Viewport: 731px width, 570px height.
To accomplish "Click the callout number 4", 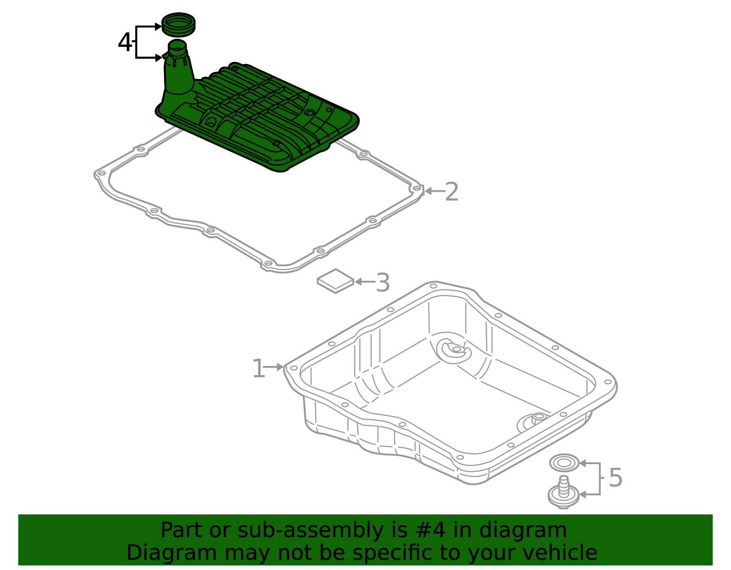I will click(125, 42).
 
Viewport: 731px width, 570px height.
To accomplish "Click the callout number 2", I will click(451, 192).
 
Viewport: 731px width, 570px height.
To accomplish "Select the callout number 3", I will click(383, 282).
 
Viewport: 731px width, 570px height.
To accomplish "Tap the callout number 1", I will click(258, 368).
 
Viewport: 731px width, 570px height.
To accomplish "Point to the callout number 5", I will click(615, 478).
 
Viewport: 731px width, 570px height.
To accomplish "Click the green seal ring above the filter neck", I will click(179, 24).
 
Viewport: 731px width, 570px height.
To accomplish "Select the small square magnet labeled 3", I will click(335, 281).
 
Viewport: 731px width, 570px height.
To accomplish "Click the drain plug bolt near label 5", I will click(563, 492).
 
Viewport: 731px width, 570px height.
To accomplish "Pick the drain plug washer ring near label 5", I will click(564, 463).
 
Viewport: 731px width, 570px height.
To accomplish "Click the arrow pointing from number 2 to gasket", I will click(434, 191).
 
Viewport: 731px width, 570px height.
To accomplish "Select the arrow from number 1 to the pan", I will click(274, 367).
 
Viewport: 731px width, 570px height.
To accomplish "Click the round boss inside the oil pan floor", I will click(455, 350).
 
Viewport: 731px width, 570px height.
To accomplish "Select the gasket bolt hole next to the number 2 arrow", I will click(416, 188).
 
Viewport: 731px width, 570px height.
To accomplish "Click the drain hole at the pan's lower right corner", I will click(539, 416).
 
